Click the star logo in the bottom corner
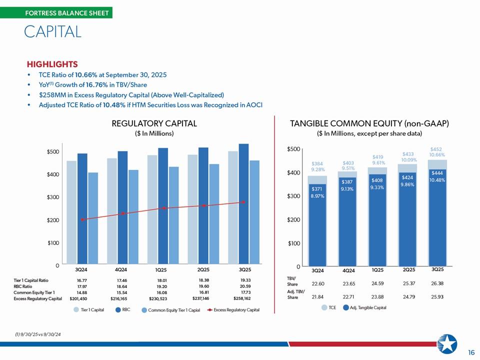(447, 344)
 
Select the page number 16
(471, 352)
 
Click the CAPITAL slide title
(52, 32)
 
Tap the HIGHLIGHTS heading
(52, 64)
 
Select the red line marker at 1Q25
(163, 208)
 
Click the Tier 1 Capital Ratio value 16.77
(83, 280)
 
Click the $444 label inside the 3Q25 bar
(437, 173)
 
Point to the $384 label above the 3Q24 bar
(317, 163)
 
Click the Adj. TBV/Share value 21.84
(317, 297)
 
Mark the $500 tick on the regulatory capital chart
(53, 151)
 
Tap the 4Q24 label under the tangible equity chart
(348, 270)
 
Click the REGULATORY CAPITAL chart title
(154, 123)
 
